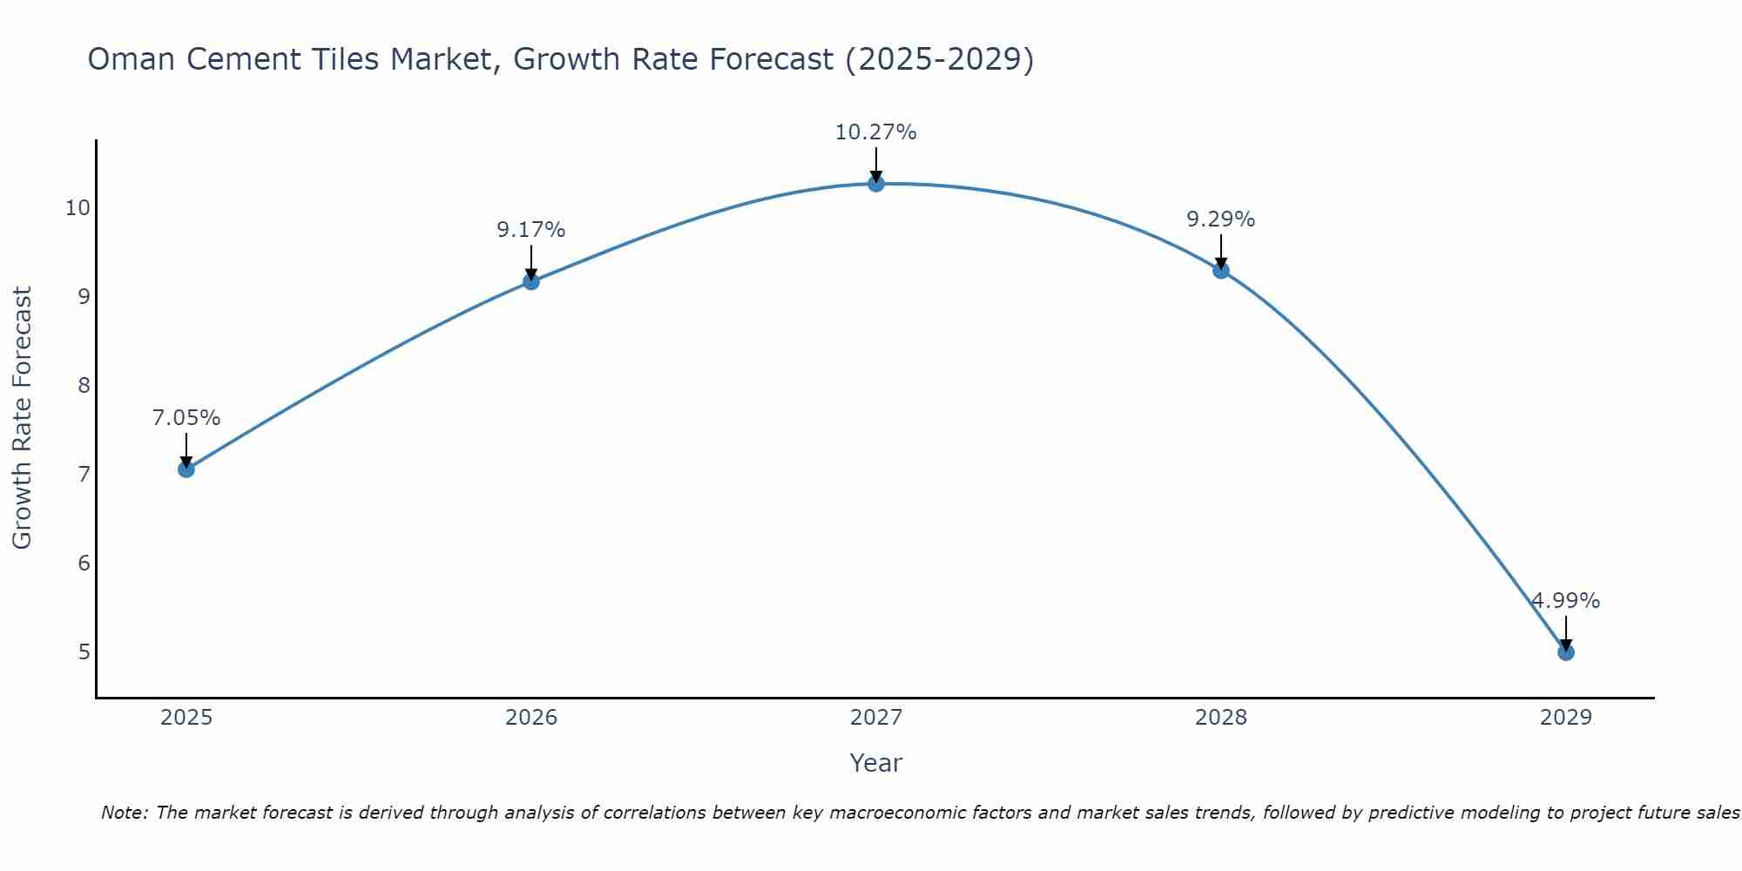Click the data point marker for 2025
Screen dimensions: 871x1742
pos(186,469)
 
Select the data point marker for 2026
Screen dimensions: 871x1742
pos(530,281)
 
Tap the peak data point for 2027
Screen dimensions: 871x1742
pos(875,184)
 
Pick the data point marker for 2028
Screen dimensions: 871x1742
pos(1220,271)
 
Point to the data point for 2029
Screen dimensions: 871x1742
pos(1565,652)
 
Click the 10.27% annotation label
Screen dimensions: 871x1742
pos(875,132)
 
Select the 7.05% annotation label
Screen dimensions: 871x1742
pos(186,418)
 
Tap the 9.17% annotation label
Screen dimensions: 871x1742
pos(530,230)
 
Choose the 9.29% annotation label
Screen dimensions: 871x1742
pos(1220,219)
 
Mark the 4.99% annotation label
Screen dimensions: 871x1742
pos(1565,601)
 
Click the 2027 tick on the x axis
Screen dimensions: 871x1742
pos(875,718)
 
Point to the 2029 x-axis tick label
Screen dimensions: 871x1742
pos(1565,718)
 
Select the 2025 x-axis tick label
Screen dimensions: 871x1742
pos(186,718)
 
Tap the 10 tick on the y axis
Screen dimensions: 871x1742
pos(78,207)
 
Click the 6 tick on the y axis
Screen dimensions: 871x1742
pos(84,563)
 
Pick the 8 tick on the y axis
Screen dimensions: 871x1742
pos(84,385)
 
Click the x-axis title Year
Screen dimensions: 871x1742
pos(875,763)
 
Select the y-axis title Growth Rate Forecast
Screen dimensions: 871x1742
pos(22,418)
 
